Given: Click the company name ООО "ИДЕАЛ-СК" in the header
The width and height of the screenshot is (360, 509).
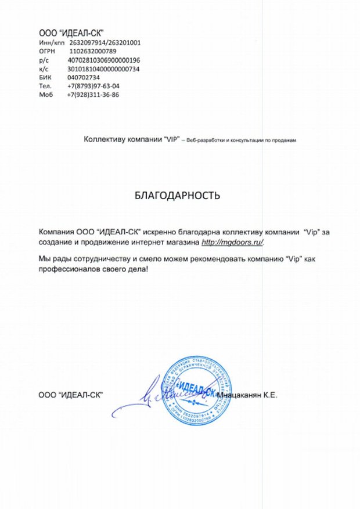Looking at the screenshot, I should (x=71, y=33).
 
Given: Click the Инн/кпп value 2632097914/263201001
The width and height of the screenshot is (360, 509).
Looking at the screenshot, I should (x=105, y=42).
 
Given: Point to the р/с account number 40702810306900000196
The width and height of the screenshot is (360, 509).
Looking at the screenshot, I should (x=104, y=60).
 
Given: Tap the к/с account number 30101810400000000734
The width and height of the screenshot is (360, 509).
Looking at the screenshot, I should (x=104, y=68).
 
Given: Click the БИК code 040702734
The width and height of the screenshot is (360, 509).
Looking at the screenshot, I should (x=84, y=77).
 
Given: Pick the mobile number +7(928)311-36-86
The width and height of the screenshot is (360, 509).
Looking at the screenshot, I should (x=93, y=95).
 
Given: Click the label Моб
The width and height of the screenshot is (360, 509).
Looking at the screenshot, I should (x=45, y=95).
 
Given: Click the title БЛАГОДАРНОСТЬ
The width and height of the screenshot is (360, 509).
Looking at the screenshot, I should (x=177, y=196).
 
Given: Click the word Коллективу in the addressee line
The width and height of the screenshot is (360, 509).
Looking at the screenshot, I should (x=103, y=140).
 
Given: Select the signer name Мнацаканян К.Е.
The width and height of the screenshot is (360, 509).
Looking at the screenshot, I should (x=247, y=395).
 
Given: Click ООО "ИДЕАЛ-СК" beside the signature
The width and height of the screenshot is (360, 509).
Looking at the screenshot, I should (x=70, y=395).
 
